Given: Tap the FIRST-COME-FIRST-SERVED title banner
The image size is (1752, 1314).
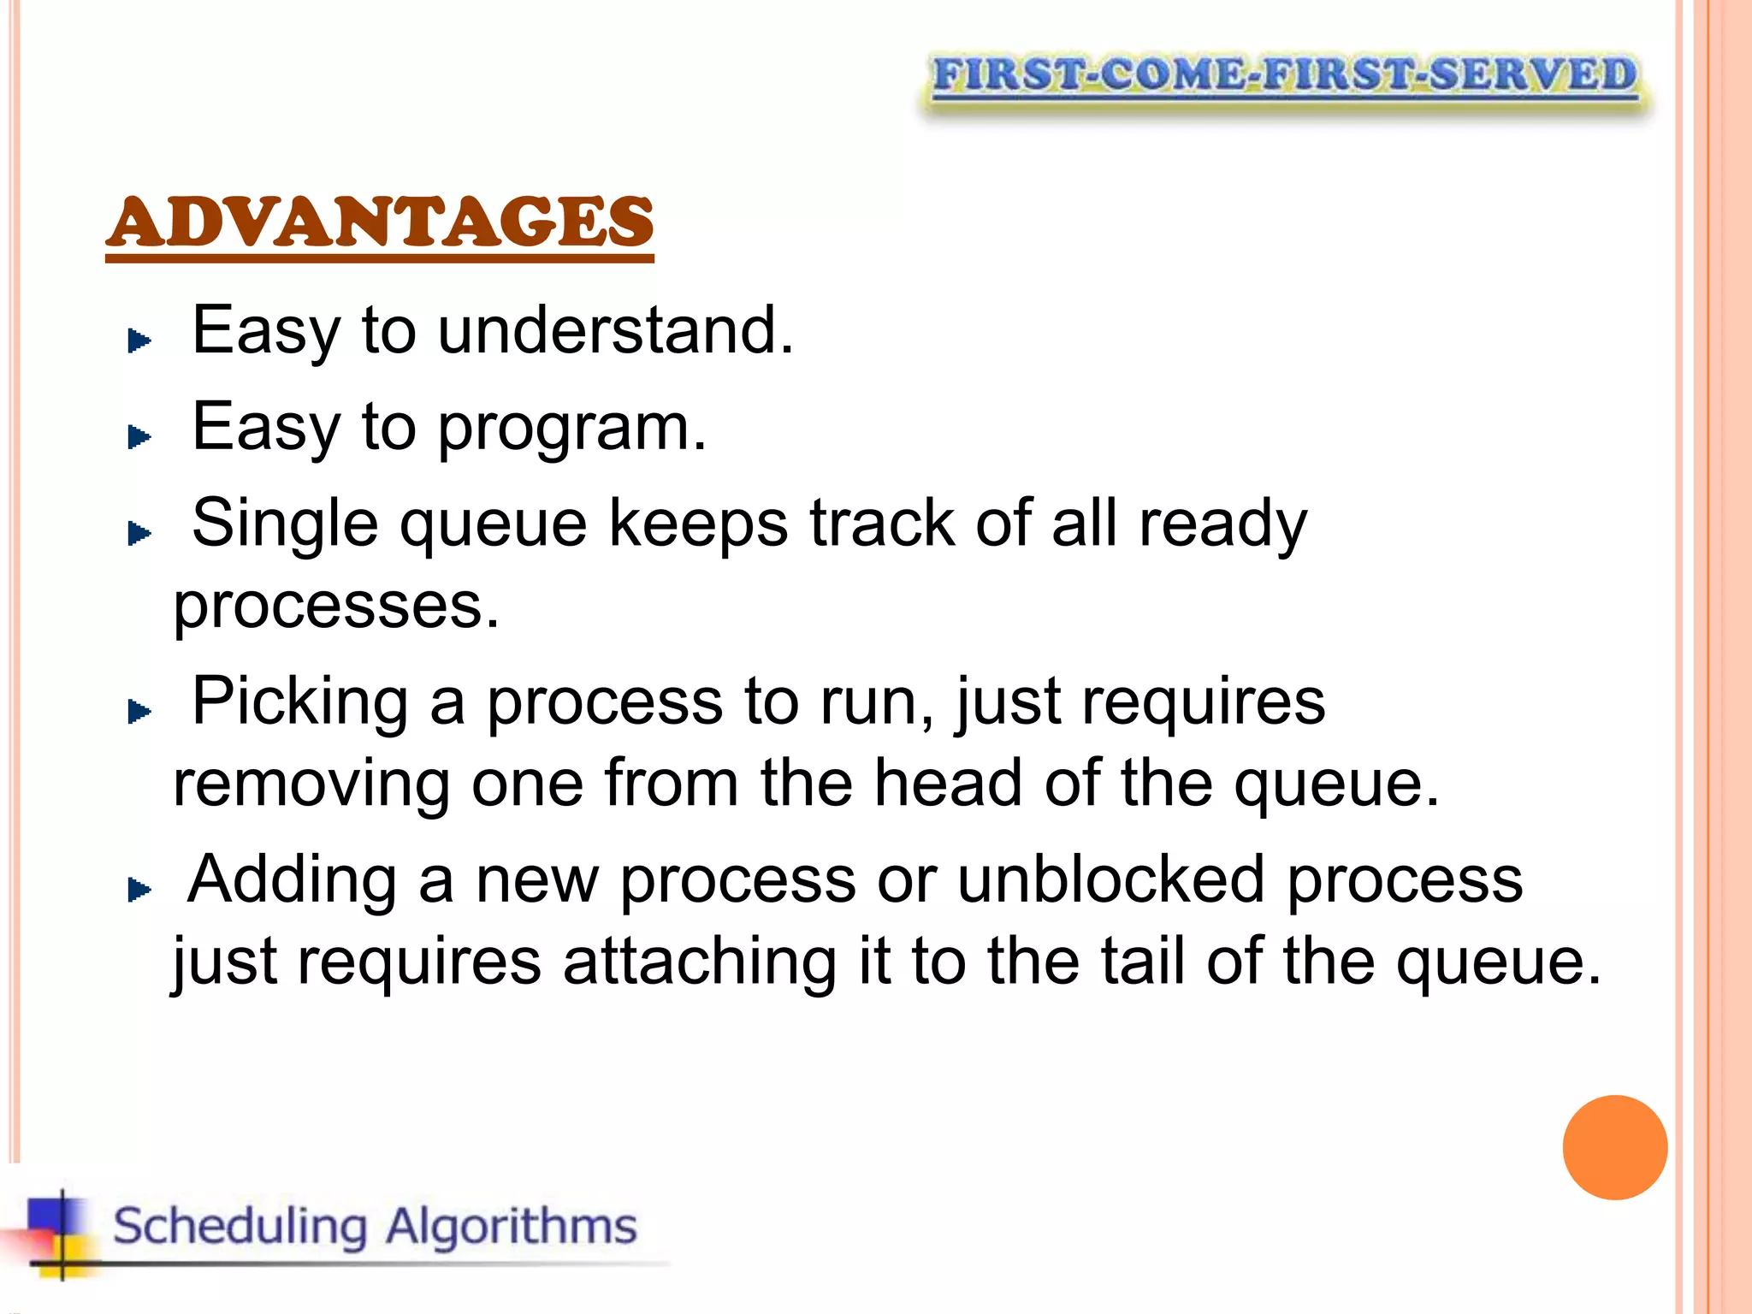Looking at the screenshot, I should pyautogui.click(x=1284, y=76).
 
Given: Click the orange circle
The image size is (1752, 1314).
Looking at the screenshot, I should pyautogui.click(x=1614, y=1147).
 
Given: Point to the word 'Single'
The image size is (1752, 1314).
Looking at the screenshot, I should pyautogui.click(x=285, y=524).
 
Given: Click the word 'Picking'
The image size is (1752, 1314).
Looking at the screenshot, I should pyautogui.click(x=299, y=702).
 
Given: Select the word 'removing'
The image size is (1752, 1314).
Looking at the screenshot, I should pyautogui.click(x=311, y=784).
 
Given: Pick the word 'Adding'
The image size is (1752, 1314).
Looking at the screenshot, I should pyautogui.click(x=293, y=879).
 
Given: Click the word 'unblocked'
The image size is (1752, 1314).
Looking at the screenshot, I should pyautogui.click(x=1110, y=879).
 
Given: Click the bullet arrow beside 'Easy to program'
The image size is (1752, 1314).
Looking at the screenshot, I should pyautogui.click(x=139, y=438).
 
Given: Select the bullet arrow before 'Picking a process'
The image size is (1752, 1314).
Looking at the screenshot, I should pyautogui.click(x=139, y=711).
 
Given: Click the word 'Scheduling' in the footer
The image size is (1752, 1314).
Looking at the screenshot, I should pyautogui.click(x=240, y=1227).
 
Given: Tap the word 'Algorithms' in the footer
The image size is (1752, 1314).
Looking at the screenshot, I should pyautogui.click(x=511, y=1227).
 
